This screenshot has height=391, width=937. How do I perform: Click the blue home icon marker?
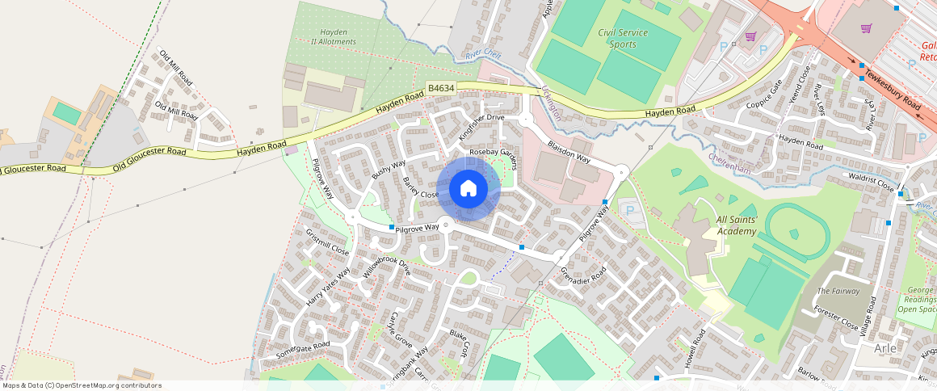click(468, 189)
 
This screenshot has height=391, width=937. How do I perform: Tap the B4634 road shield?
click(441, 88)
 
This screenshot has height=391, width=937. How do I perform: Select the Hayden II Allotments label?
click(333, 36)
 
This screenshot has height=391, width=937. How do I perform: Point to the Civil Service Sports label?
click(628, 38)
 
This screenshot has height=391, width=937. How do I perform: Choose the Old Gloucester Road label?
click(151, 154)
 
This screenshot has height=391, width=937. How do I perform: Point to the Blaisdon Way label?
click(569, 153)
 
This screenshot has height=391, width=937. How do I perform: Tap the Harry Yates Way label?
click(328, 286)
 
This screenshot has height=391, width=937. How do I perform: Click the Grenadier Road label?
click(582, 277)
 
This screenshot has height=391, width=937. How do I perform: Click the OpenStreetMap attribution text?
click(81, 385)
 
